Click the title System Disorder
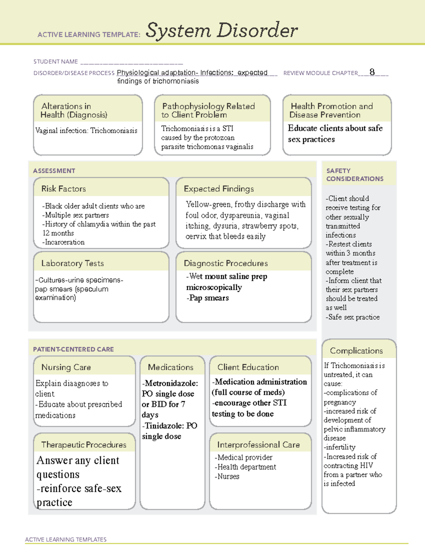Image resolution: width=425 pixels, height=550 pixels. point(221,30)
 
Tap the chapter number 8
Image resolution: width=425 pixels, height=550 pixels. point(372,72)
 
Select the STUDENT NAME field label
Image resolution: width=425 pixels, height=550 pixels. point(56,62)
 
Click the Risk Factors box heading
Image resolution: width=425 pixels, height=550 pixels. point(63,189)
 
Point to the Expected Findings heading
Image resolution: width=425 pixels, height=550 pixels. point(219,189)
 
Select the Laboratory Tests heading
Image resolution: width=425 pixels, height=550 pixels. point(72,263)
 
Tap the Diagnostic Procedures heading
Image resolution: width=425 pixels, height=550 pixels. point(226,263)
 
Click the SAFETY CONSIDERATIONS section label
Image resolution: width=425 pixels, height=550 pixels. point(355,175)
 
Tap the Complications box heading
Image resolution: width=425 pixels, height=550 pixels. point(356,351)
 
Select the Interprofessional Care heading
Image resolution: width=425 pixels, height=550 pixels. point(258,444)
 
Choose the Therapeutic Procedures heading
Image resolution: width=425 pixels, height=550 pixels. point(84,444)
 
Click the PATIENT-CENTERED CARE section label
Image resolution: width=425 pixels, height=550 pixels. point(73,349)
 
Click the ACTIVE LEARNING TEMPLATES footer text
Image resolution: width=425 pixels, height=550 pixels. point(66,539)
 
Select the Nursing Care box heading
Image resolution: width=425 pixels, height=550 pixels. point(66,367)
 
